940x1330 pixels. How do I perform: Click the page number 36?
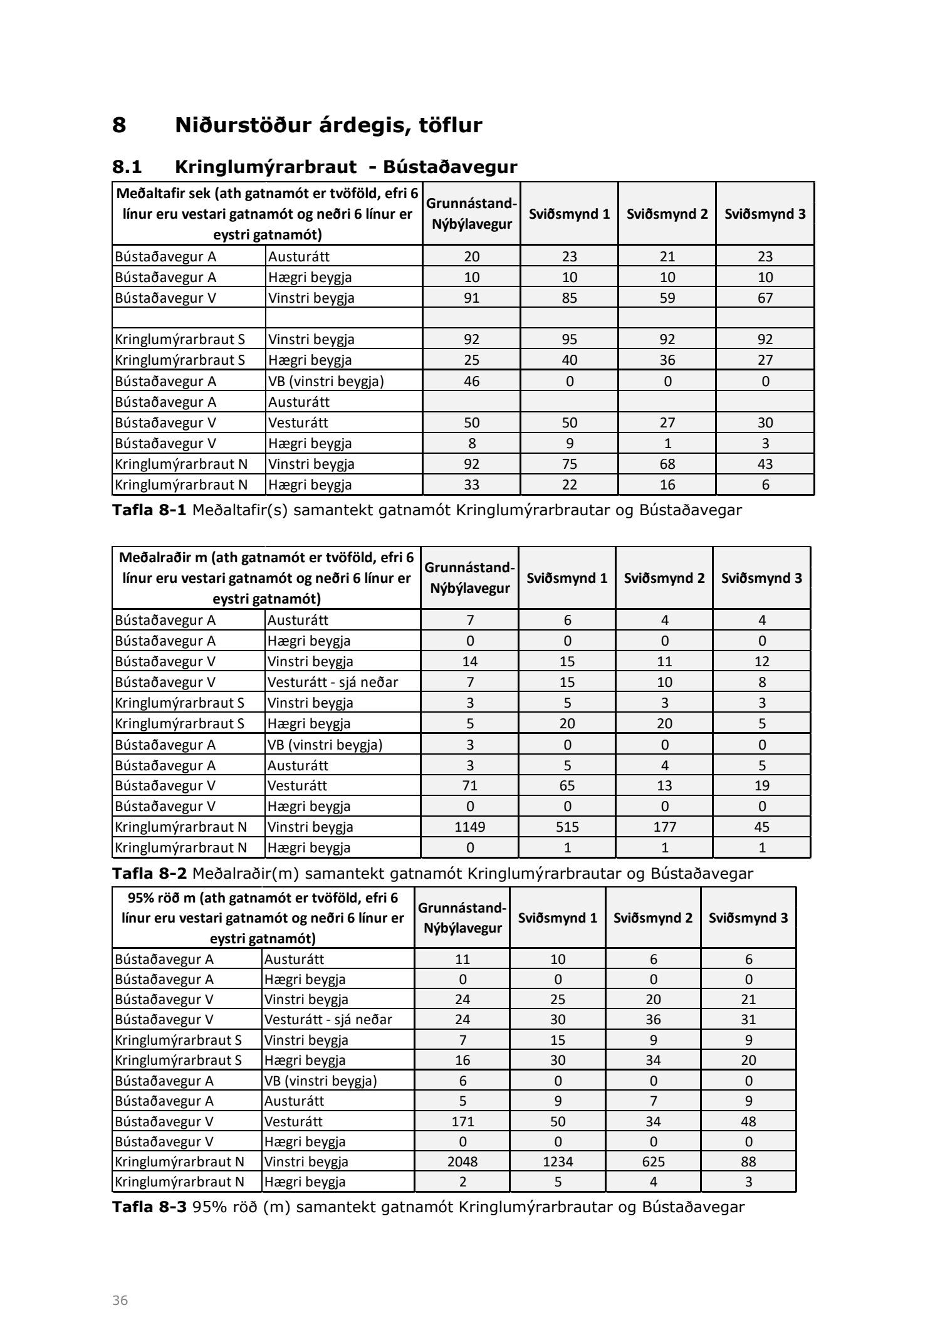tap(120, 1300)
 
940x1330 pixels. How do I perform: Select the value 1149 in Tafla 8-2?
tap(470, 827)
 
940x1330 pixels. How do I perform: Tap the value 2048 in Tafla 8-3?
tap(462, 1161)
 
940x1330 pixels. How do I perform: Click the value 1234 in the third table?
tap(558, 1161)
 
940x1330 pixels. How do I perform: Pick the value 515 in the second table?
tap(567, 827)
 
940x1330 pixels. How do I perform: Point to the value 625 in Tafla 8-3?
tap(653, 1161)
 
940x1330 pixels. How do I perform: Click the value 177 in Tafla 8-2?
tap(664, 827)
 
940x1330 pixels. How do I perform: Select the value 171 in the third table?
tap(462, 1121)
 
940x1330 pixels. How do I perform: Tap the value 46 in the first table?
tap(471, 381)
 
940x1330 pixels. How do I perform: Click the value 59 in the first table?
tap(667, 298)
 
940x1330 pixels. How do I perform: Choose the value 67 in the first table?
tap(765, 298)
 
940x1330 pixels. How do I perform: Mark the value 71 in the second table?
tap(470, 785)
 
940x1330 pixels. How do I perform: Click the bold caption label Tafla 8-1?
tap(149, 510)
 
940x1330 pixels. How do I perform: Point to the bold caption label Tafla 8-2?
tap(149, 873)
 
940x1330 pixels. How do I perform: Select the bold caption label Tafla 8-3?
tap(149, 1207)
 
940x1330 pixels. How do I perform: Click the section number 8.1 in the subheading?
tap(127, 167)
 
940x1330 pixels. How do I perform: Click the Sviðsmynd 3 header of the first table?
tap(765, 214)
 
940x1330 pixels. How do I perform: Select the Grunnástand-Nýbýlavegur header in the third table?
tap(462, 918)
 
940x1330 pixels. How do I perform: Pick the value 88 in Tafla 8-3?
tap(748, 1161)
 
